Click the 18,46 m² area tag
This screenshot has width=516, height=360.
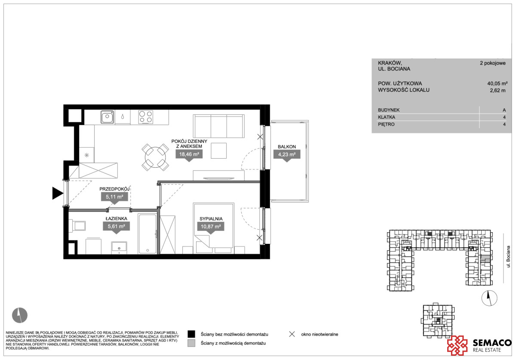tap(189, 154)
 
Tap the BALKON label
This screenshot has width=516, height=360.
tap(286, 147)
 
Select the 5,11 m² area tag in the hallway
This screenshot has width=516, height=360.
tap(114, 197)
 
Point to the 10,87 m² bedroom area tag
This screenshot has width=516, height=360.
tap(211, 227)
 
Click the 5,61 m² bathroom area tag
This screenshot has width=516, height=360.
tap(116, 226)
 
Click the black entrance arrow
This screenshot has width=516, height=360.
tap(58, 193)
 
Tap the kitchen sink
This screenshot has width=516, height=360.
tap(107, 117)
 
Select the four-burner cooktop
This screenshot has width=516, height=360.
tap(146, 117)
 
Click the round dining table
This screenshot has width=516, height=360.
tap(155, 157)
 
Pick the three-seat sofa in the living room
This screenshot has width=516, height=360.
tap(218, 126)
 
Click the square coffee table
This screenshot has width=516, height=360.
tap(218, 151)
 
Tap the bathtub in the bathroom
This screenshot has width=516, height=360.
tap(147, 234)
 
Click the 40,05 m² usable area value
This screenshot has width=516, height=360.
tap(497, 83)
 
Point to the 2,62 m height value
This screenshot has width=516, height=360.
tap(498, 90)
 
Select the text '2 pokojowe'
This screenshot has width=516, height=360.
tap(492, 63)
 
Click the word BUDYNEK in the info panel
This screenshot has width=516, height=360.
tap(389, 110)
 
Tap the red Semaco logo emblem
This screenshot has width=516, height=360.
tap(457, 345)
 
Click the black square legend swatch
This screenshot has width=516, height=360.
tap(191, 334)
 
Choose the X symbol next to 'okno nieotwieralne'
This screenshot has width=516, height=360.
tap(292, 334)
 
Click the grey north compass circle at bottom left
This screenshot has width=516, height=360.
tap(20, 315)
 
